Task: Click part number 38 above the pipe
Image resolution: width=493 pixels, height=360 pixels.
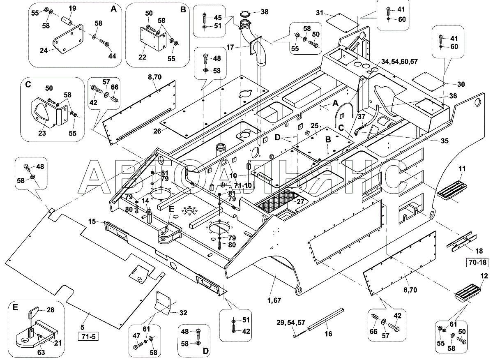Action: [x=264, y=12]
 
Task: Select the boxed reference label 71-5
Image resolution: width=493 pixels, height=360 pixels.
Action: [x=88, y=337]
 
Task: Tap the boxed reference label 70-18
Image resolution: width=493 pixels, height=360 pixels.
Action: [x=477, y=262]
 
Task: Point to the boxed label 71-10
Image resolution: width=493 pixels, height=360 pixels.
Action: [x=242, y=185]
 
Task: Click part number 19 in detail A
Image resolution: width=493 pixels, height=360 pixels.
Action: [x=72, y=8]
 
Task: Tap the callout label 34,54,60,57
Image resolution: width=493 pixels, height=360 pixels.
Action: [x=399, y=62]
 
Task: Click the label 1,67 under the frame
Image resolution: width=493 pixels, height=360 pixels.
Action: [x=274, y=300]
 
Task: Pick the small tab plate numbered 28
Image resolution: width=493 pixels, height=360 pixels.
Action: [x=33, y=314]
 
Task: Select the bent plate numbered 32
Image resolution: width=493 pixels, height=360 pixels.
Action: [x=163, y=302]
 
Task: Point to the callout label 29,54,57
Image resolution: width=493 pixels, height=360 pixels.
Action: [x=291, y=323]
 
